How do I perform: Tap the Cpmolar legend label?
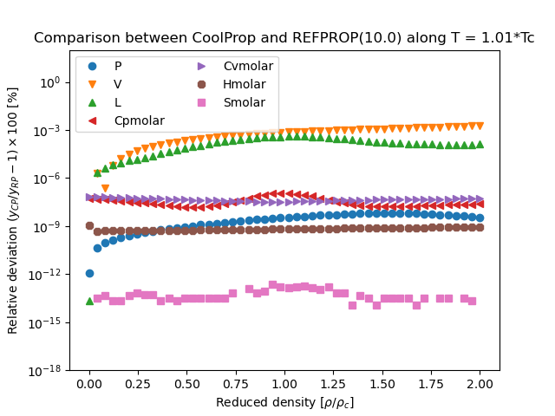[x=139, y=120]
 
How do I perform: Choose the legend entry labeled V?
[x=118, y=84]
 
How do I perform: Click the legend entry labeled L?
[x=118, y=102]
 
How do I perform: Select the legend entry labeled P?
[x=118, y=66]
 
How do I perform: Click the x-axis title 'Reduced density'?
[x=284, y=402]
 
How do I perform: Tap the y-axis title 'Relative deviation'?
[x=13, y=210]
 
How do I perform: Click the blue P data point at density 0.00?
[x=89, y=273]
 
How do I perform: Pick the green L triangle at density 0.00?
[x=89, y=301]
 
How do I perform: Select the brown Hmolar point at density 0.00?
[x=89, y=225]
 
